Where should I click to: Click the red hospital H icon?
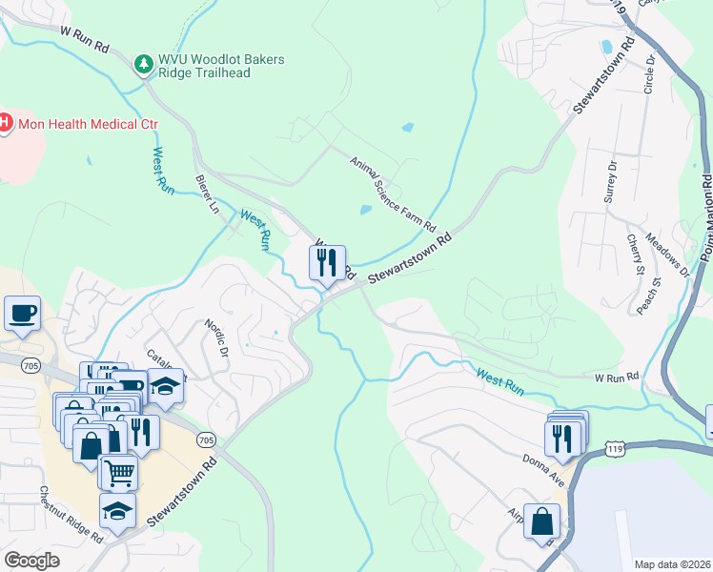click(x=5, y=123)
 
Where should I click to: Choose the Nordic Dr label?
click(x=216, y=337)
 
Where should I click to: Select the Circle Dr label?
click(x=650, y=73)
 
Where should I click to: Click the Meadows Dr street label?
click(x=666, y=254)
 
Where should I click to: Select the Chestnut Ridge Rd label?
click(x=71, y=516)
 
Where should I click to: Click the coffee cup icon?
click(x=21, y=313)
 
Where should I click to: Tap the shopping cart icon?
click(x=118, y=470)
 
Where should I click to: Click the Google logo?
click(x=31, y=561)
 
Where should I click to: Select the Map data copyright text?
click(x=673, y=564)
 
